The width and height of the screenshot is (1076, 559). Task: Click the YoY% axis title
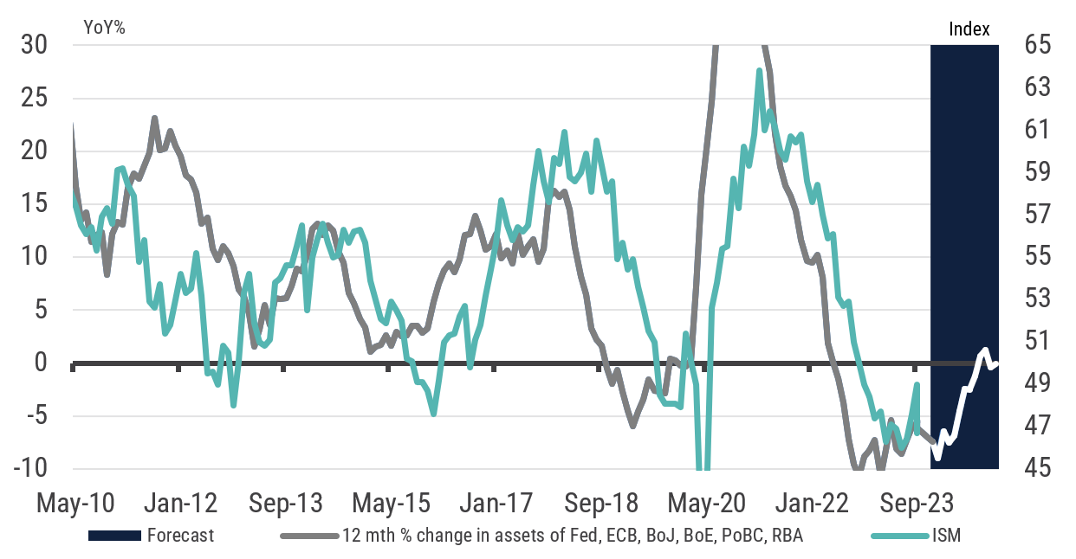tap(105, 28)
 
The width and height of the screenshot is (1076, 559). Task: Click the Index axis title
tap(969, 29)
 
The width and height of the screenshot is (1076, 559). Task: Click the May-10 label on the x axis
tap(75, 503)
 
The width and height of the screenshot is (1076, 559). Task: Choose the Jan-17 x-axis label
tap(494, 503)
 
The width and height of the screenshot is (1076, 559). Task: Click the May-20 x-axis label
tap(703, 503)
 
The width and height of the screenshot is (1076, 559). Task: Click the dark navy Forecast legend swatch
tap(113, 536)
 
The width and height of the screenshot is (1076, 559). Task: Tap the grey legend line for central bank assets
tap(308, 536)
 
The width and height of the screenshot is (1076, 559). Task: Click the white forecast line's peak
tap(985, 350)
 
